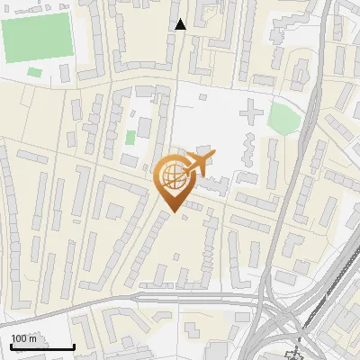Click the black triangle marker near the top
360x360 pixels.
180,24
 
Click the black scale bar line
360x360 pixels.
41,347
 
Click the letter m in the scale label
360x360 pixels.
33,338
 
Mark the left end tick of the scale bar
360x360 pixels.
10,345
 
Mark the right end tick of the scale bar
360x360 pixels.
74,345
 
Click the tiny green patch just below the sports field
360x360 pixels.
34,72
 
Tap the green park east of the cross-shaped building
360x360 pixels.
284,118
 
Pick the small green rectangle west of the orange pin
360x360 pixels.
130,138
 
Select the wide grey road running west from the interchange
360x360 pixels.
180,296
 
